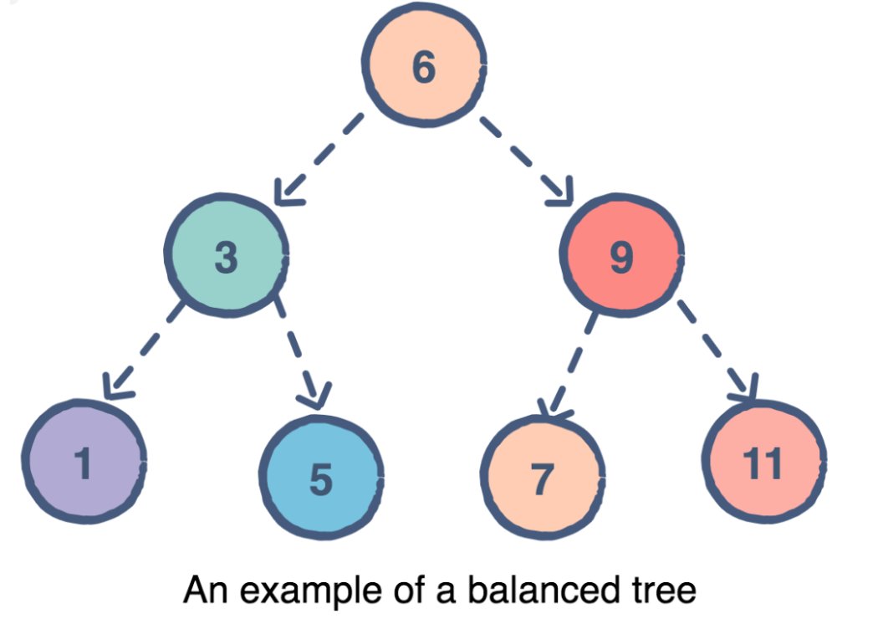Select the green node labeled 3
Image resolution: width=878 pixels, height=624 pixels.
click(226, 256)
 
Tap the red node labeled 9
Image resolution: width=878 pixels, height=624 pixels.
click(621, 256)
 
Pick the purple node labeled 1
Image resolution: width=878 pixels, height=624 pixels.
click(83, 463)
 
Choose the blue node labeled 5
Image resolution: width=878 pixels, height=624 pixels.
click(321, 478)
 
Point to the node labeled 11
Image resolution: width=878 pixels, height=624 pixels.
click(764, 463)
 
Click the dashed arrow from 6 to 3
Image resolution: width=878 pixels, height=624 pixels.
click(322, 159)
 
